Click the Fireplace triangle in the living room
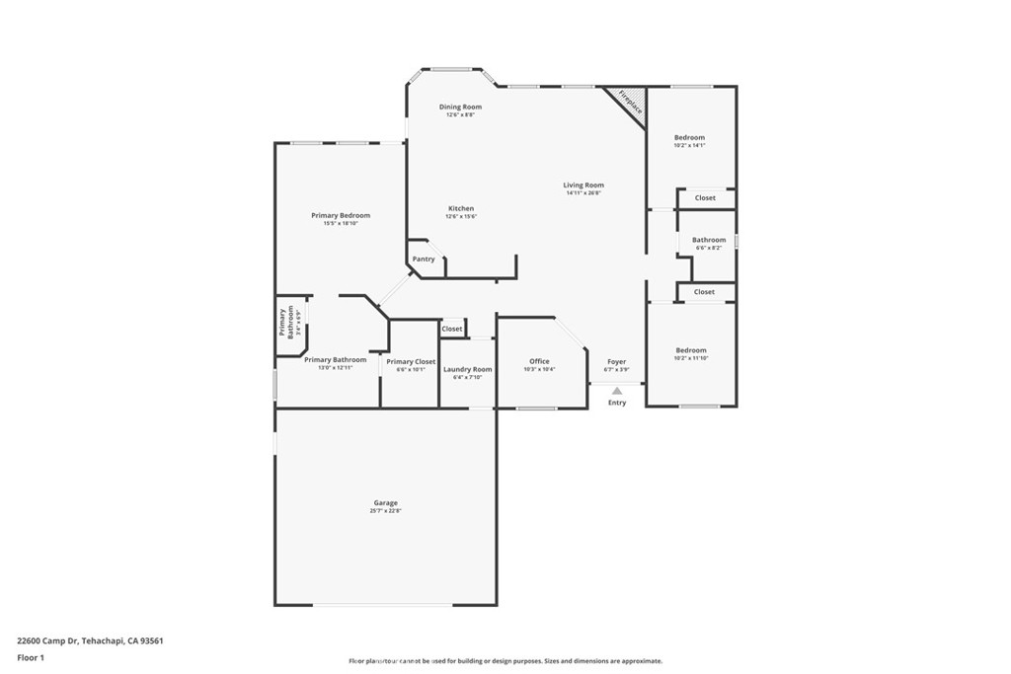630,105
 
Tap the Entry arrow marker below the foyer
617,392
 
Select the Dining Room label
460,107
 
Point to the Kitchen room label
461,208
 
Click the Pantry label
424,259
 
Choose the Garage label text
385,503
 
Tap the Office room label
539,361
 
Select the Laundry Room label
467,369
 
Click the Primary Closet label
411,361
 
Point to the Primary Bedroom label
341,215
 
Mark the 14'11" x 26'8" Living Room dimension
583,193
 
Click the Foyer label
616,361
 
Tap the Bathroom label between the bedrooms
709,240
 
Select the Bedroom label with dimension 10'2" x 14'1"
690,137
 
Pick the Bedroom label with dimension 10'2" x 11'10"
691,350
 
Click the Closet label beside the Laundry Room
452,329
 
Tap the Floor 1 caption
33,656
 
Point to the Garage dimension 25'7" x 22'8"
385,511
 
